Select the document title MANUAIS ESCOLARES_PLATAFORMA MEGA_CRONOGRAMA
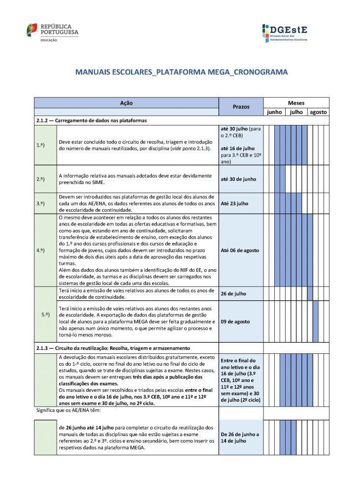(181, 72)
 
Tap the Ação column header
(126, 103)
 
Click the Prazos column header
(241, 106)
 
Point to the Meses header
(296, 103)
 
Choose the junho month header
(274, 112)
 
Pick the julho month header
(296, 112)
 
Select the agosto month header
(318, 112)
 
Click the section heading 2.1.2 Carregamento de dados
(91, 120)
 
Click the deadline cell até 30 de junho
(238, 179)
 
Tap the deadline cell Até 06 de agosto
(239, 250)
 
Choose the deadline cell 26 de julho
(234, 294)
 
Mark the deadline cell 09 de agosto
(235, 321)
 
